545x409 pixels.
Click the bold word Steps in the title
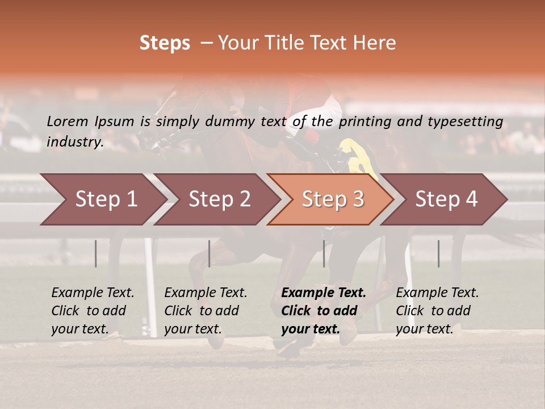click(x=165, y=43)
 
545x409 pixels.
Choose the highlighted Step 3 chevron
click(x=333, y=199)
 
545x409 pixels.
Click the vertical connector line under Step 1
click(x=96, y=253)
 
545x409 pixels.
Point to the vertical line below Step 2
click(x=209, y=253)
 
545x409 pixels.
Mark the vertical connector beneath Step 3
click(x=324, y=253)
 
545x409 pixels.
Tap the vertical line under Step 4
click(x=439, y=253)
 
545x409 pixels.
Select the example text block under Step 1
click(x=93, y=310)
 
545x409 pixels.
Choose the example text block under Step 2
click(x=206, y=310)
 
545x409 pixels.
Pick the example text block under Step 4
click(x=437, y=310)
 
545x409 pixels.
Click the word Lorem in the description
click(x=68, y=121)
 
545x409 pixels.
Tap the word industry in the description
click(x=75, y=141)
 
